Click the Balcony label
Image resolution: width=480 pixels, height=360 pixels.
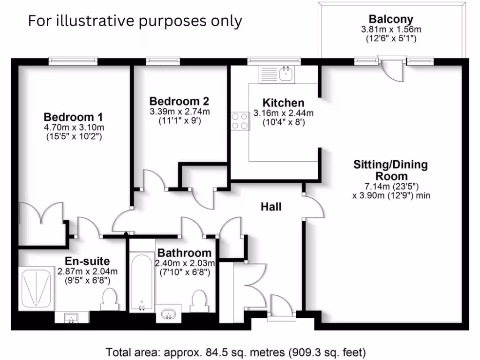(391, 20)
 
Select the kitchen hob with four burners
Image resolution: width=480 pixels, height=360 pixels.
(239, 120)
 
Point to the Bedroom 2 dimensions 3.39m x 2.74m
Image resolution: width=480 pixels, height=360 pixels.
(180, 112)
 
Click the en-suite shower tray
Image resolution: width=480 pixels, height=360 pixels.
(36, 288)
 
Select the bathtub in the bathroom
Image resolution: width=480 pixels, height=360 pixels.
(141, 282)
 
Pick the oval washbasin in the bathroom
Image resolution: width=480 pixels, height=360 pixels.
(168, 314)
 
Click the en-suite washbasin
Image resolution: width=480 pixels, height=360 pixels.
(71, 317)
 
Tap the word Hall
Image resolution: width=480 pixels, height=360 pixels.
(271, 206)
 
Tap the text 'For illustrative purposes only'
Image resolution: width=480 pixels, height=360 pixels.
(135, 21)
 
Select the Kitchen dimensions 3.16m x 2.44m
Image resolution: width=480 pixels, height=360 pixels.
(283, 113)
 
